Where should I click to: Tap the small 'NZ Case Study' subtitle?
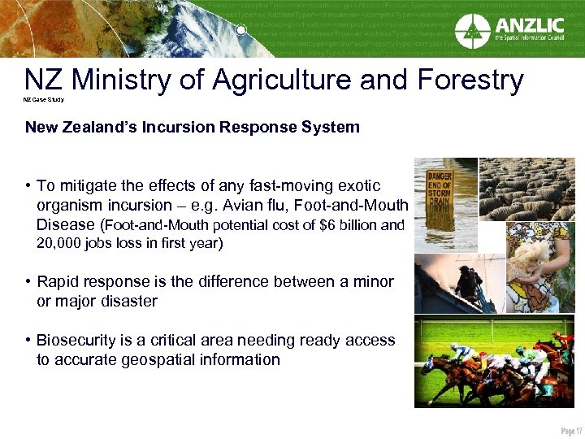tap(43, 100)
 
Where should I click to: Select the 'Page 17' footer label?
tap(570, 429)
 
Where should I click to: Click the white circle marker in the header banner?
tap(241, 31)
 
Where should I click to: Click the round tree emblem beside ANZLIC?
tap(473, 30)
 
